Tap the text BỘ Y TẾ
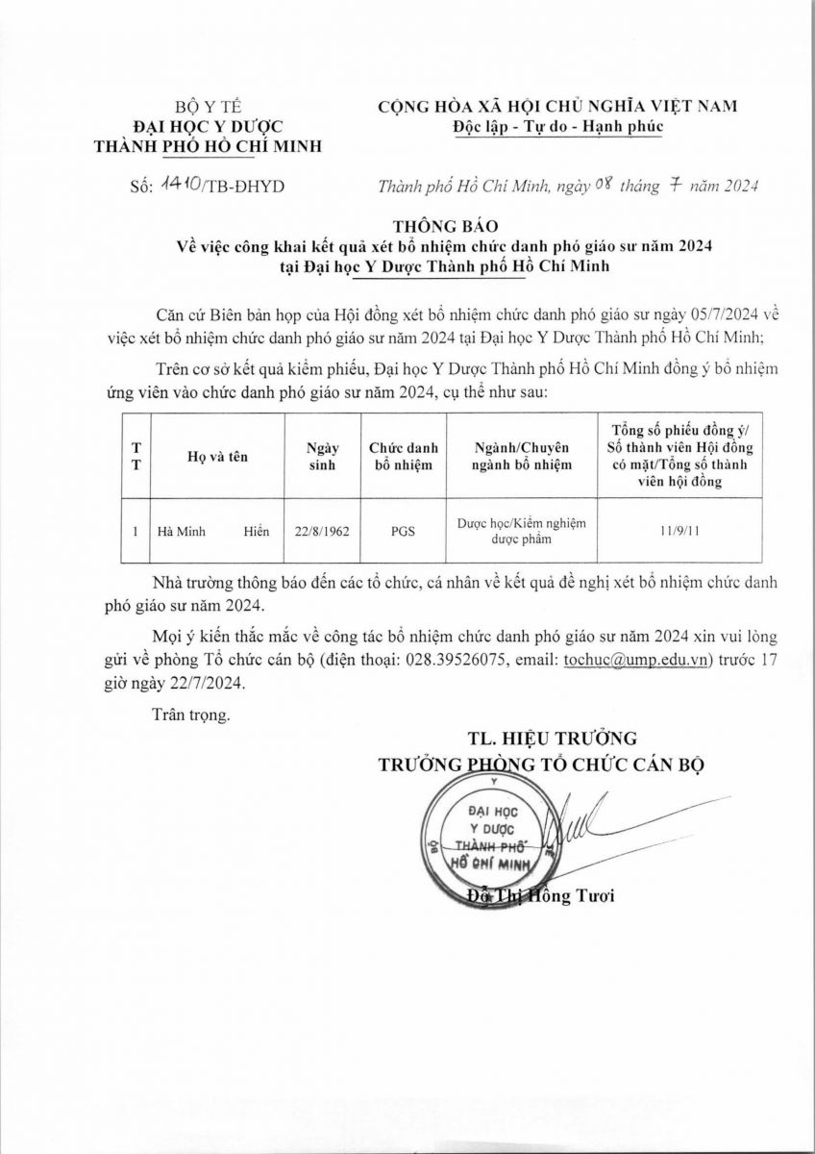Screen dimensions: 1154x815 click(x=205, y=107)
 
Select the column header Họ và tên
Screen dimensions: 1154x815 click(x=217, y=458)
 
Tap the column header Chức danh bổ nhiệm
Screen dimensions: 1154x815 click(x=404, y=457)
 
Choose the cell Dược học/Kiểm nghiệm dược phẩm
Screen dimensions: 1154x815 click(x=522, y=531)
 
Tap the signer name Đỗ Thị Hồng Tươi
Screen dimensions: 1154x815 click(x=540, y=897)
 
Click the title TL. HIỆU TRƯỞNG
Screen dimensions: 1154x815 click(x=553, y=739)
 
